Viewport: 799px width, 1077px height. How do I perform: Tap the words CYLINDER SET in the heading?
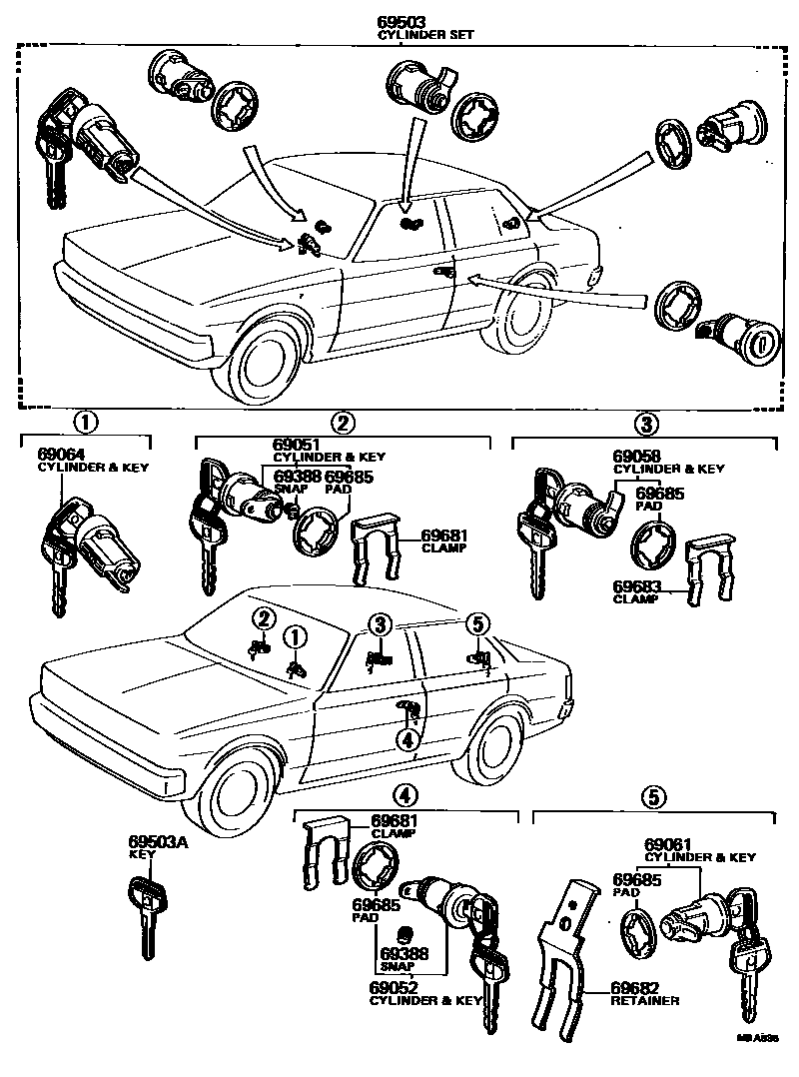pos(425,34)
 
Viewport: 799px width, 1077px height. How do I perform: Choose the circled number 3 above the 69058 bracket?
pos(648,424)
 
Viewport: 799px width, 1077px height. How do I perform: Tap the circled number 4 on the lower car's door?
pos(405,739)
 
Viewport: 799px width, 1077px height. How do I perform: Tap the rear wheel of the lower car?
pos(497,744)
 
